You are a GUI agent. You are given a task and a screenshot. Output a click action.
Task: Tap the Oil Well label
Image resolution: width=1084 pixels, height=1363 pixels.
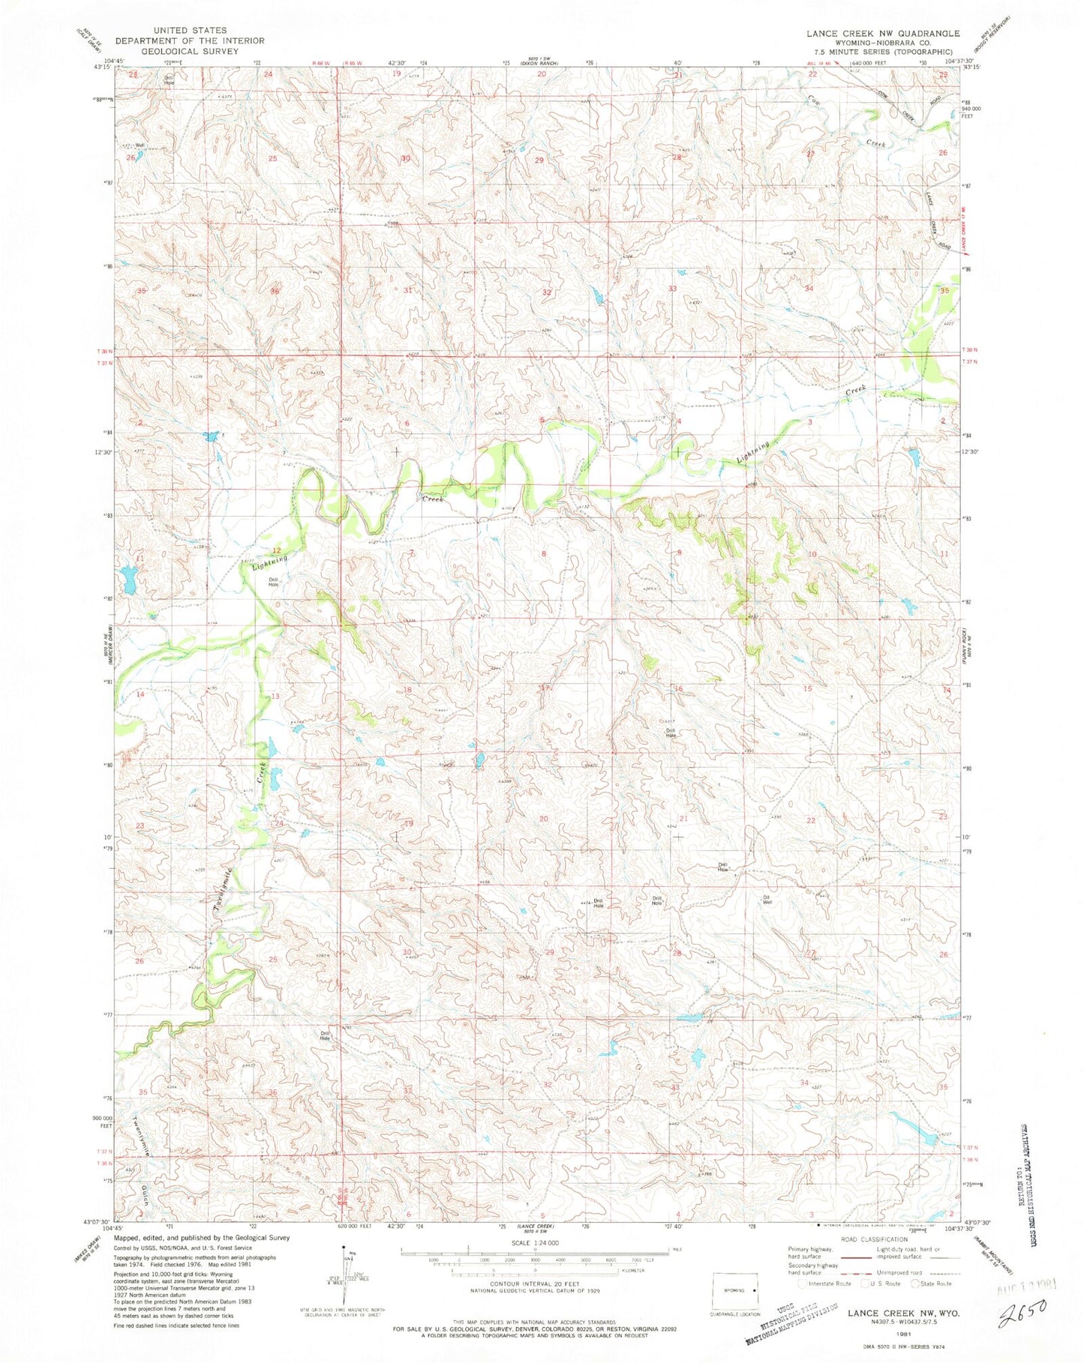click(x=767, y=900)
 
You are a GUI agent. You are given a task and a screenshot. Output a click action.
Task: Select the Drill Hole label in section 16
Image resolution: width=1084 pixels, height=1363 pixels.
click(x=671, y=732)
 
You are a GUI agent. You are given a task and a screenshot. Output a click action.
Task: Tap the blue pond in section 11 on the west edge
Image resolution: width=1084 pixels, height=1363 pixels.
click(x=128, y=580)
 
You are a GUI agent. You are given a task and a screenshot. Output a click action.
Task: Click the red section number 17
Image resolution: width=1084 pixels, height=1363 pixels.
click(x=545, y=687)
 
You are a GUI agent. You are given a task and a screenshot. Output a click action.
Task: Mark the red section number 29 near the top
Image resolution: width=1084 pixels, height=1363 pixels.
click(x=539, y=160)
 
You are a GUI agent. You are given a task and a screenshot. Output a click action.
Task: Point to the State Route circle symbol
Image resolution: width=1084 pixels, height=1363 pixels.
click(x=916, y=1283)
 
